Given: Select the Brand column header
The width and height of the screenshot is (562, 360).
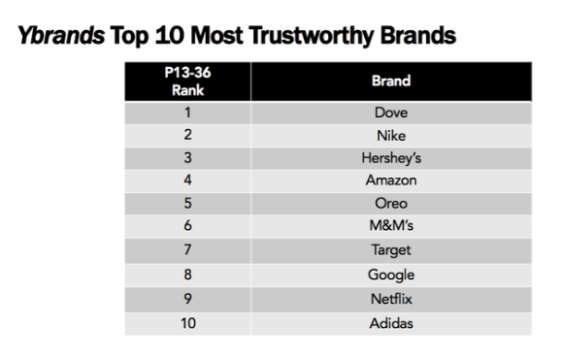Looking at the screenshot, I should (391, 82).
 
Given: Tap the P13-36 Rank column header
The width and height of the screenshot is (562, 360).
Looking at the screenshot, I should (188, 82).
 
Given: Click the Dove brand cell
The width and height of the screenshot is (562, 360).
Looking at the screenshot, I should (391, 114).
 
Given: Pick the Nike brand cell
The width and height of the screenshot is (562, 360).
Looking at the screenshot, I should (391, 136).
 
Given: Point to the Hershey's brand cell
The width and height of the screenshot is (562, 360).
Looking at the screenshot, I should (391, 159).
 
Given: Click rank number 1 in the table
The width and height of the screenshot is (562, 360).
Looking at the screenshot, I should (188, 114).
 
